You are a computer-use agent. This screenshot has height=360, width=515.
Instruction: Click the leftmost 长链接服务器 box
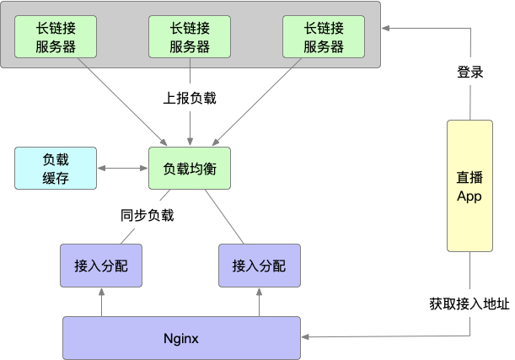point(56,37)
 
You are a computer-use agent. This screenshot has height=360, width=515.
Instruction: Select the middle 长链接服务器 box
point(190,37)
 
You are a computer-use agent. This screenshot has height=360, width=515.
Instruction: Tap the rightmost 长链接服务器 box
point(324,37)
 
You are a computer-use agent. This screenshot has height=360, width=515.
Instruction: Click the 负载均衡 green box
point(190,169)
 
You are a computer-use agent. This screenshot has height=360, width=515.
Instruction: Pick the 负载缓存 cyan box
point(56,169)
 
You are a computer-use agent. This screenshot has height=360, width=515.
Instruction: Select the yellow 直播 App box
point(469,186)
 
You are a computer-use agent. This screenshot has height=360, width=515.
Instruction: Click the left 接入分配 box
point(100,266)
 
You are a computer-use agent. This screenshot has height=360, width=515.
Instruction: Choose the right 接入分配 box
point(258,266)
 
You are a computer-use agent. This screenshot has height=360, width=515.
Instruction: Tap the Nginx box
point(181,338)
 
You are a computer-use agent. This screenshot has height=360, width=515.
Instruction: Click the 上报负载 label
point(190,98)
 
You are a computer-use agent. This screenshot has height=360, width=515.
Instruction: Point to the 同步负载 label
point(146,215)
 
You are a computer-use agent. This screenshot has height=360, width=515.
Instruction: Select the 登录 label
point(469,73)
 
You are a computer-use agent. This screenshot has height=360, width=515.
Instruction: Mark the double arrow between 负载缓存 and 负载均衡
point(123,169)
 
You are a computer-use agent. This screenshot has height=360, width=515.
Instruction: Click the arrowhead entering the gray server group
point(386,29)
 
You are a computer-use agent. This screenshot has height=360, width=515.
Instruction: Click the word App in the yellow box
point(469,196)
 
